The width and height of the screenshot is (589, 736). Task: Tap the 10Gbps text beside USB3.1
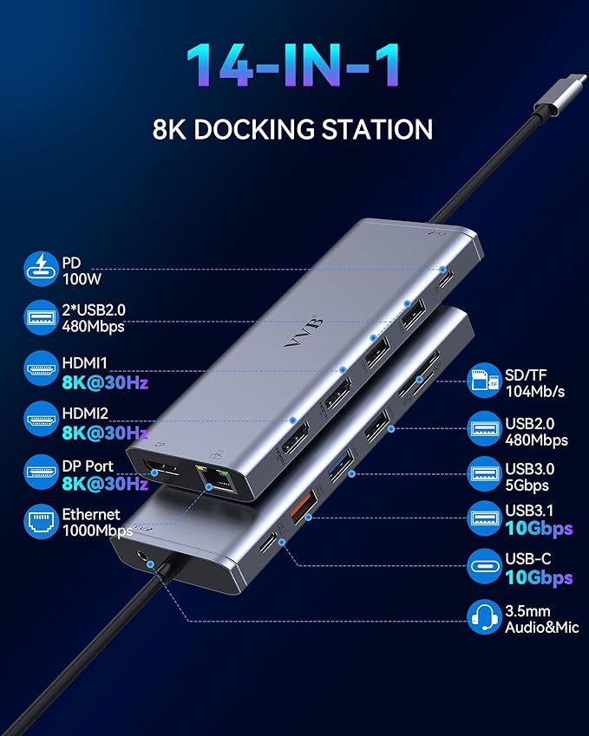540,528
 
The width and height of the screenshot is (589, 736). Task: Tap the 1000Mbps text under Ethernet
96,530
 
